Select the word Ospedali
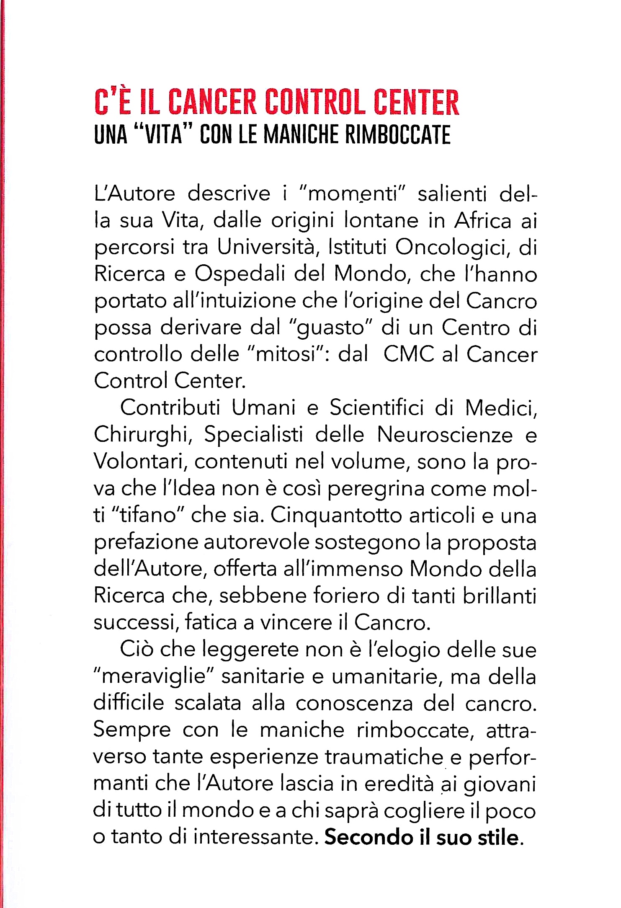pyautogui.click(x=238, y=274)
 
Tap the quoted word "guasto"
pyautogui.click(x=330, y=328)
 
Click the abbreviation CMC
pyautogui.click(x=409, y=354)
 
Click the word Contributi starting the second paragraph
pyautogui.click(x=170, y=408)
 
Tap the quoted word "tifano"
pyautogui.click(x=147, y=516)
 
